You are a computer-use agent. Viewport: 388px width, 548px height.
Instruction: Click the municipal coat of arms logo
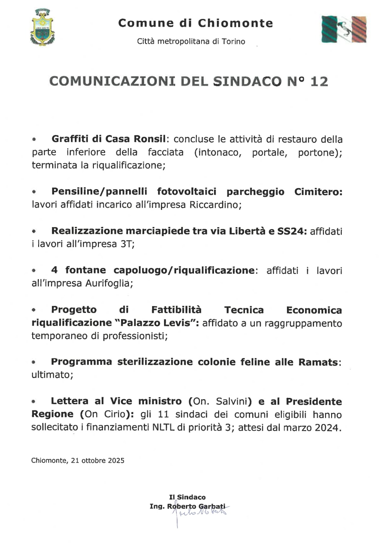(x=42, y=28)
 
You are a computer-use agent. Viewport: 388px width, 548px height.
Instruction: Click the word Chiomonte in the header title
(x=235, y=23)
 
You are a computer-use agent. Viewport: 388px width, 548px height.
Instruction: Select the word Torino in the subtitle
(x=233, y=42)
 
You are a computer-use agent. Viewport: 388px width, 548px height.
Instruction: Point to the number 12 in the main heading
(x=319, y=82)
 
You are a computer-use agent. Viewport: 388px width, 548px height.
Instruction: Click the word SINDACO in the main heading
(x=247, y=82)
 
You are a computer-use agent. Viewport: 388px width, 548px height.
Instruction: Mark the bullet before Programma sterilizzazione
(x=34, y=362)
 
